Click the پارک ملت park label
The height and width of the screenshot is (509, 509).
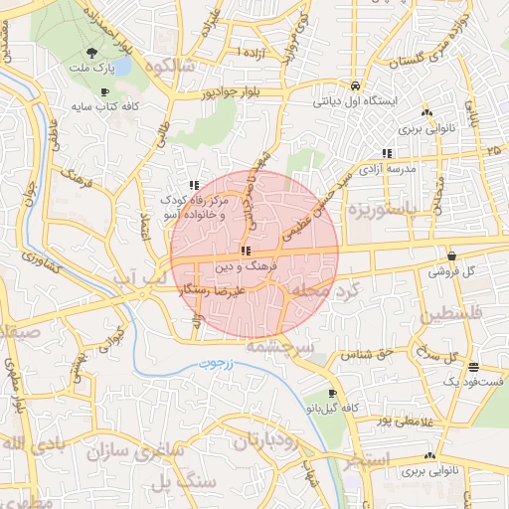coord(92,69)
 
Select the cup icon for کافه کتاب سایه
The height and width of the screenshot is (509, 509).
coord(104,91)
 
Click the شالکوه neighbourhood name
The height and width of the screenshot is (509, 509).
coord(165,67)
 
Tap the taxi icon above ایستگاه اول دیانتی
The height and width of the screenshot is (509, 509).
coord(355,85)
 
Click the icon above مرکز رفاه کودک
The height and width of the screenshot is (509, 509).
coord(195,185)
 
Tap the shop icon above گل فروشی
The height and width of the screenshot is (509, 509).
coord(451,254)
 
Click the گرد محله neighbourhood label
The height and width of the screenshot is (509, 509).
coord(328,287)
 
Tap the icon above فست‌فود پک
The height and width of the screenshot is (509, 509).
coord(473,366)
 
